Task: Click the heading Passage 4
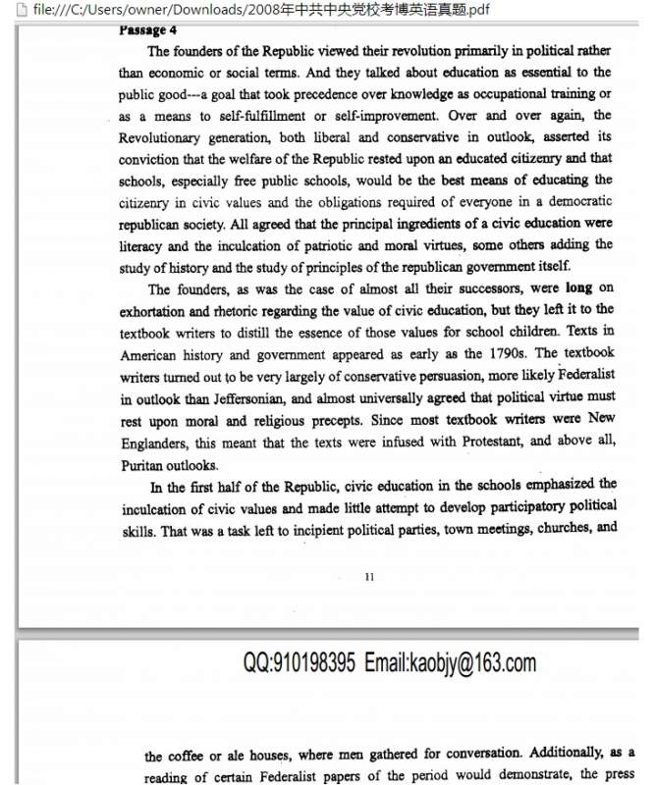coord(147,30)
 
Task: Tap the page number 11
coord(368,577)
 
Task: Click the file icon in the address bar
coord(9,10)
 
